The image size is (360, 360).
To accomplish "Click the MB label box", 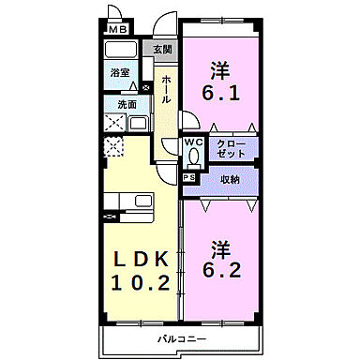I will (x=118, y=30).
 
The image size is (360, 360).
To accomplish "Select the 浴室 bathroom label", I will (x=119, y=71).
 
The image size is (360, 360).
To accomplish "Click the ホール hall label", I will (x=165, y=88).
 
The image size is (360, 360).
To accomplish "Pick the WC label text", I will (x=192, y=142).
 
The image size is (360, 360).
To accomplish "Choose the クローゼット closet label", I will (x=230, y=148).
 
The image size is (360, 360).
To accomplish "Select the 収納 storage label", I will (x=231, y=179).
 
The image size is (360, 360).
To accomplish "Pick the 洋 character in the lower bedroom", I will (x=221, y=249).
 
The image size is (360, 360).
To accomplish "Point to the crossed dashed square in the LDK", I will (x=114, y=146).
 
